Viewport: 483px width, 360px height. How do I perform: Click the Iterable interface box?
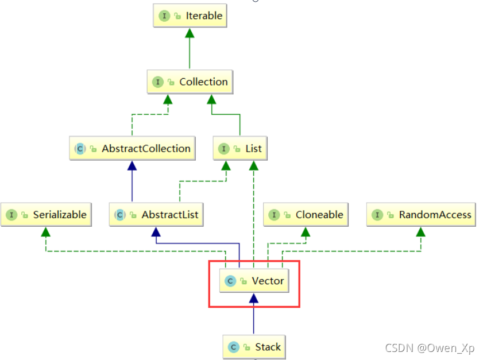(x=189, y=16)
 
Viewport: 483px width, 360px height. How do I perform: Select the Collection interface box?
(x=189, y=82)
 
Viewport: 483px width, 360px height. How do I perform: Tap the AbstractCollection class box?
(x=132, y=149)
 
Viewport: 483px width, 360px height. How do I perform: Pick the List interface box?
(x=240, y=149)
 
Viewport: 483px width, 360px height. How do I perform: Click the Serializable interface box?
(x=46, y=215)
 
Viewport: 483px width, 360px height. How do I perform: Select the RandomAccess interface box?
(x=421, y=215)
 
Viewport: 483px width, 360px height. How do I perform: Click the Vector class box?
(x=253, y=281)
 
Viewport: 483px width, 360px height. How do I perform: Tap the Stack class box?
(x=254, y=347)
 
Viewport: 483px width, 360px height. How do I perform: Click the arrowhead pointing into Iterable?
(x=189, y=33)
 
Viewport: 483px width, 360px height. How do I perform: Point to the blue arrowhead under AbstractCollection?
(x=132, y=165)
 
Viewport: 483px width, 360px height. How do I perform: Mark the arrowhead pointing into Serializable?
(x=46, y=231)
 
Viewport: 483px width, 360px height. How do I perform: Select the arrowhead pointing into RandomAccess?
(x=421, y=231)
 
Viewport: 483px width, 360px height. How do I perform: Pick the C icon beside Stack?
(x=233, y=347)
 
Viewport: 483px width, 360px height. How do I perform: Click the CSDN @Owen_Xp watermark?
(x=430, y=348)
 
